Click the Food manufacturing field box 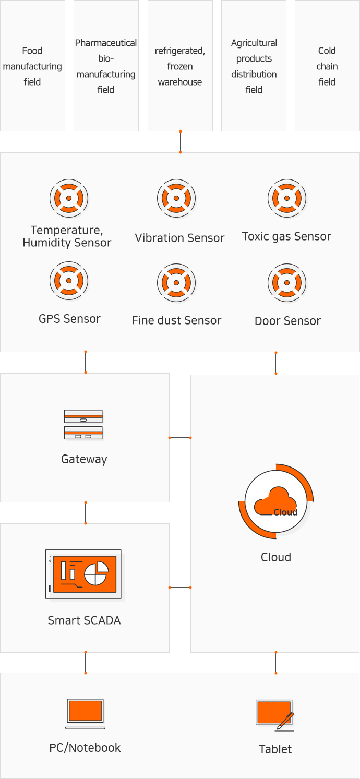[x=32, y=66]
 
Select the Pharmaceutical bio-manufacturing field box [x=106, y=66]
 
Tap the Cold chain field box [x=327, y=66]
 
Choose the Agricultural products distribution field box [x=254, y=66]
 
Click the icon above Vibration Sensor [x=176, y=198]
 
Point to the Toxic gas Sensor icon [x=286, y=198]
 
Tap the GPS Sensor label [x=69, y=319]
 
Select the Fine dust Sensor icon [x=176, y=282]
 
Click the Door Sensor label [x=287, y=321]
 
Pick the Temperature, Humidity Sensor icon [x=69, y=198]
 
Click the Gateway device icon [x=83, y=424]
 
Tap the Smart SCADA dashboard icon [x=83, y=574]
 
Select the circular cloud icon [x=276, y=502]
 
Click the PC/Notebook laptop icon [x=85, y=713]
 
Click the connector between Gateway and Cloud [x=180, y=437]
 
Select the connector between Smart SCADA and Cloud [x=180, y=587]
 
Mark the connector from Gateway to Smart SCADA [x=85, y=513]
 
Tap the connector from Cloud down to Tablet [x=275, y=662]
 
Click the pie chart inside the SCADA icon [x=96, y=573]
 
